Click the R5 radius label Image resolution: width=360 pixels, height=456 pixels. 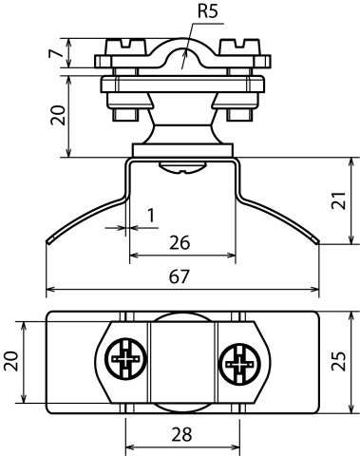[208, 11]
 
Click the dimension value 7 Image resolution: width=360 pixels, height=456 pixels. [55, 53]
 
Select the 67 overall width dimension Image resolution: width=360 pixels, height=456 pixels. [180, 276]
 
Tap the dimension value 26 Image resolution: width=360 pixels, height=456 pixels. [180, 243]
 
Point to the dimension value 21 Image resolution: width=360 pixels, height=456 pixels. [338, 200]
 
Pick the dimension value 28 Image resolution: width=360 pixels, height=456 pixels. [182, 434]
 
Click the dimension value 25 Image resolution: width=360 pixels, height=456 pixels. [338, 361]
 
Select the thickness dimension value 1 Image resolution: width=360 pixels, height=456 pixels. [151, 216]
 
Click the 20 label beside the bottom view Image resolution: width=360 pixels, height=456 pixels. [10, 361]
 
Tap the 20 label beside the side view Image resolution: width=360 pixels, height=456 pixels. [59, 115]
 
